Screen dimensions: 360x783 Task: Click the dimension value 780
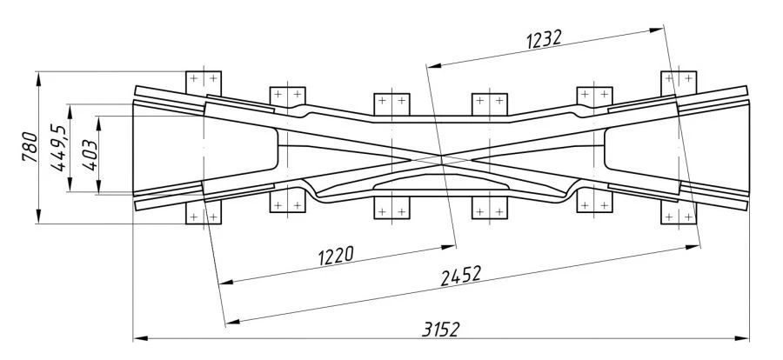(29, 148)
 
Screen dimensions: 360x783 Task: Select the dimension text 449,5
(59, 148)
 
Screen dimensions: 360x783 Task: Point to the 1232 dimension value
(545, 39)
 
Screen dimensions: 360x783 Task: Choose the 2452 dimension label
(461, 277)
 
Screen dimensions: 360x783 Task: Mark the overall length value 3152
(440, 329)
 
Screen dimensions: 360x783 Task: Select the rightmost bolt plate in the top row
(679, 80)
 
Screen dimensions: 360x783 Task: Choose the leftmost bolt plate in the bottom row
(206, 213)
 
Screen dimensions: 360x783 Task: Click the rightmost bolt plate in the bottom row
(679, 214)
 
